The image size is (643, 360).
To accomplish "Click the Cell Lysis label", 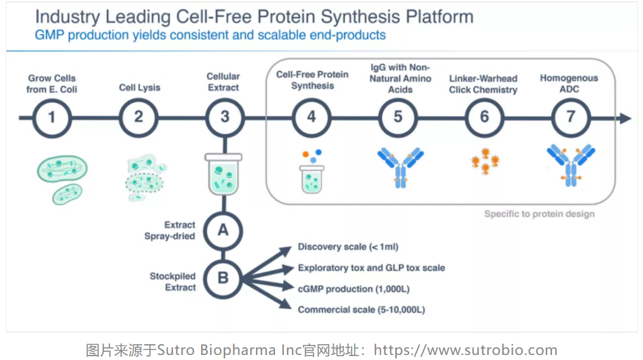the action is pos(140,87).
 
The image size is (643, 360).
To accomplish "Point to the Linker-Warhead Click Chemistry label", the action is pos(483,84).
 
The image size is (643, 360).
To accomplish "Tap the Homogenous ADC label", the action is pos(569,84).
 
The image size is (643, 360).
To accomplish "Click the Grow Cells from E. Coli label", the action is pos(52,84).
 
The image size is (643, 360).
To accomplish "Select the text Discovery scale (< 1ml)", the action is pos(348,247).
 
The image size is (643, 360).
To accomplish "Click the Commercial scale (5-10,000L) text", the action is pos(361,309).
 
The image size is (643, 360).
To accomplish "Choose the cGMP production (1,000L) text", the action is pos(353,289).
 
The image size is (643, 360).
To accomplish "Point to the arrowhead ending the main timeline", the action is pos(625,118).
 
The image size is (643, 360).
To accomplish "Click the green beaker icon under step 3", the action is pos(223,173).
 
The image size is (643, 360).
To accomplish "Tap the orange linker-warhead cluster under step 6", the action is pos(485,161).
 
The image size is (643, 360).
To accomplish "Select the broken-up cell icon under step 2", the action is pos(145,178).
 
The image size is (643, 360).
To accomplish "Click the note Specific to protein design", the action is pos(539,214).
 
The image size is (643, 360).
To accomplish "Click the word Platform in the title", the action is pos(439,17).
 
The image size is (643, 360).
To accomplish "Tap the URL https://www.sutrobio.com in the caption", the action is pos(465,350).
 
